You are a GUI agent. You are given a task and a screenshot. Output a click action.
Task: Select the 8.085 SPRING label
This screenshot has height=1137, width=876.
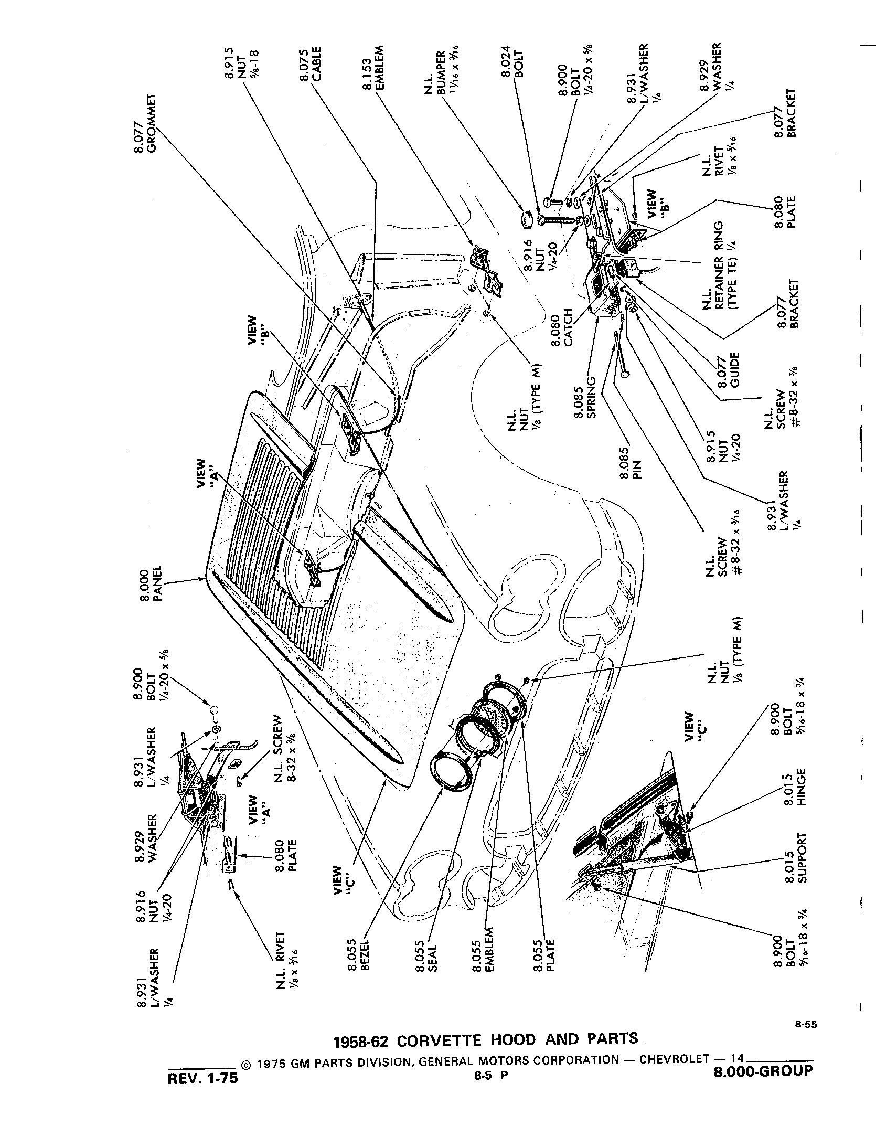tap(586, 397)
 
